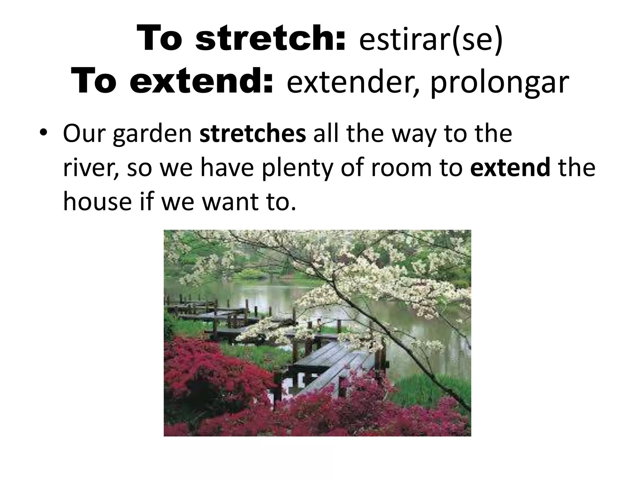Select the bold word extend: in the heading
click(201, 82)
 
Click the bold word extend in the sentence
click(510, 167)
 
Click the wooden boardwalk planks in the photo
click(325, 359)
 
